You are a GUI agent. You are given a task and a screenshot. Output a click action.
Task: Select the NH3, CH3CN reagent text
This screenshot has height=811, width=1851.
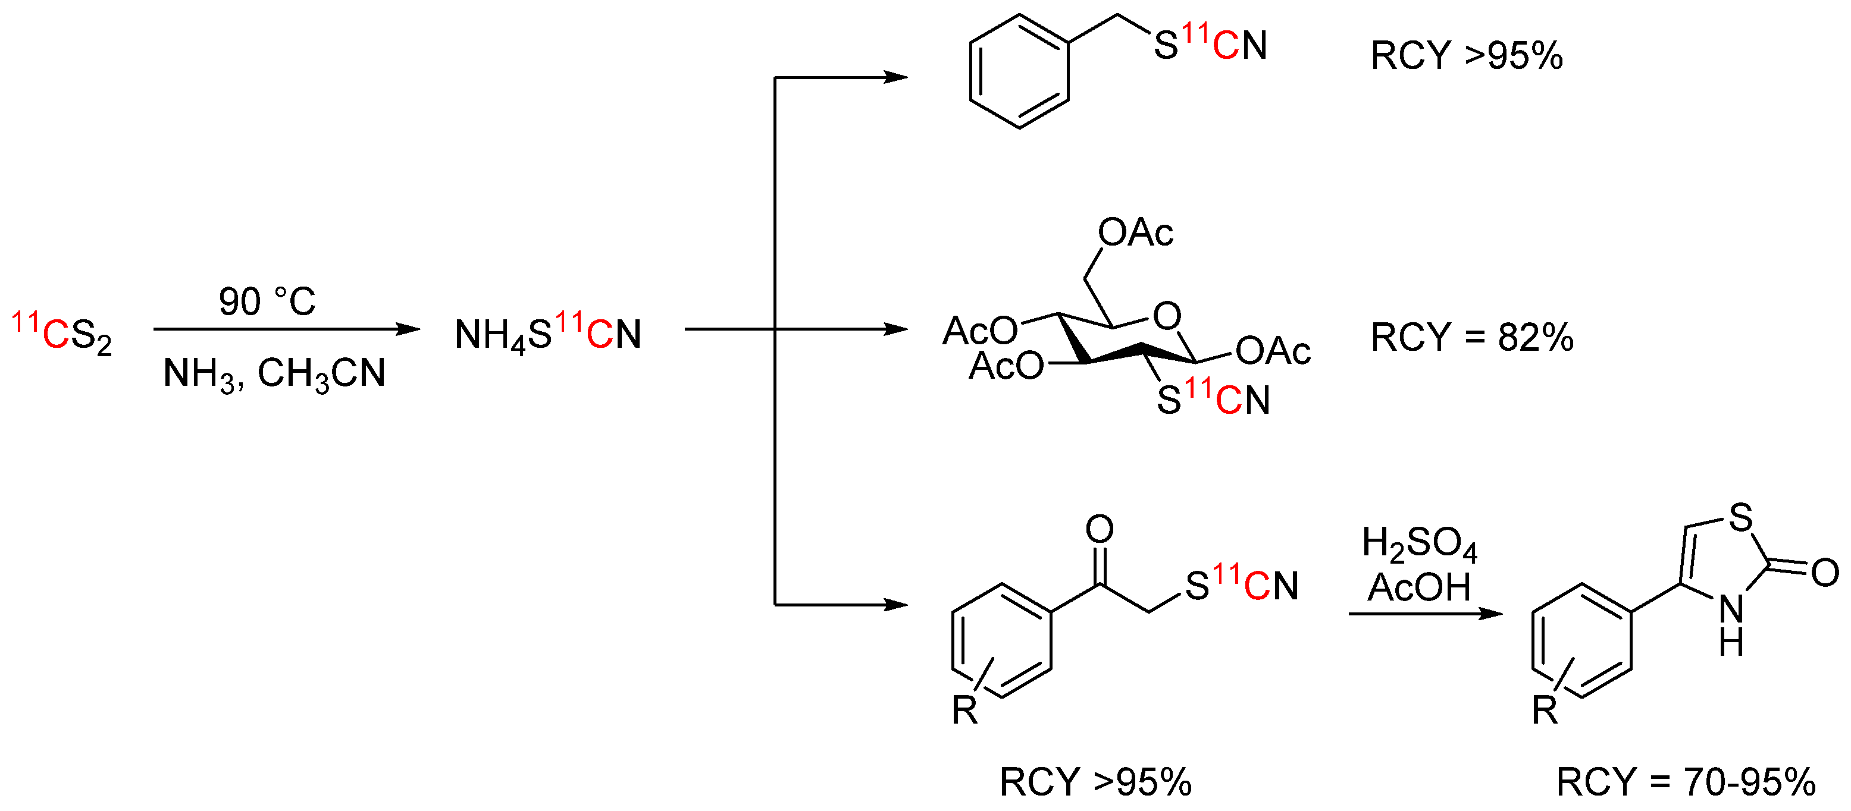pyautogui.click(x=274, y=373)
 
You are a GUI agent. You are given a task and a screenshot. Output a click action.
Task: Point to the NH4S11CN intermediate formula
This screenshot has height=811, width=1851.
pyautogui.click(x=547, y=334)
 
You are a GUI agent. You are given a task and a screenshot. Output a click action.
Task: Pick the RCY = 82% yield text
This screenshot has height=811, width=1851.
pyautogui.click(x=1471, y=337)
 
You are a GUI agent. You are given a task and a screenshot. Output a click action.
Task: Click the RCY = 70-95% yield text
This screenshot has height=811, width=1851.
pyautogui.click(x=1686, y=781)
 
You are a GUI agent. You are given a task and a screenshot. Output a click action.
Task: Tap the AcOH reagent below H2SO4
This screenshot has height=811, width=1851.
pyautogui.click(x=1418, y=587)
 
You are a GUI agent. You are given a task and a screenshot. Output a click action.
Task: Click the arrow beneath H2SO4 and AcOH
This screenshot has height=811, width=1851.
pyautogui.click(x=1426, y=614)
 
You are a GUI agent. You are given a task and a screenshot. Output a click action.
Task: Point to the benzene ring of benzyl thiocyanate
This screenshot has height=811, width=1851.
pyautogui.click(x=1019, y=71)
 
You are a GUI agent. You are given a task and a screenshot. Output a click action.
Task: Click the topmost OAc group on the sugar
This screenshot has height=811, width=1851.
pyautogui.click(x=1135, y=232)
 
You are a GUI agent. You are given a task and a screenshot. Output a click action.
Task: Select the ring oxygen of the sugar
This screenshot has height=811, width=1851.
pyautogui.click(x=1167, y=316)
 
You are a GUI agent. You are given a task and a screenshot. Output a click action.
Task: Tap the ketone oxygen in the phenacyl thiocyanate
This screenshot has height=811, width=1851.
pyautogui.click(x=1100, y=529)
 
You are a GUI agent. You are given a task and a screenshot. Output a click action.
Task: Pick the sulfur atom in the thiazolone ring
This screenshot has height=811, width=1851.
pyautogui.click(x=1740, y=517)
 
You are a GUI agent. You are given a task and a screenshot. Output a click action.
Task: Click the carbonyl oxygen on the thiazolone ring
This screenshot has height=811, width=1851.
pyautogui.click(x=1825, y=573)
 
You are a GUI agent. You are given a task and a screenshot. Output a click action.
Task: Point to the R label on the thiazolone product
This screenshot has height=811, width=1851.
pyautogui.click(x=1545, y=711)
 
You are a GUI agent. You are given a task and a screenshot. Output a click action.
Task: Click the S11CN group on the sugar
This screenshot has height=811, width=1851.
pyautogui.click(x=1213, y=399)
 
